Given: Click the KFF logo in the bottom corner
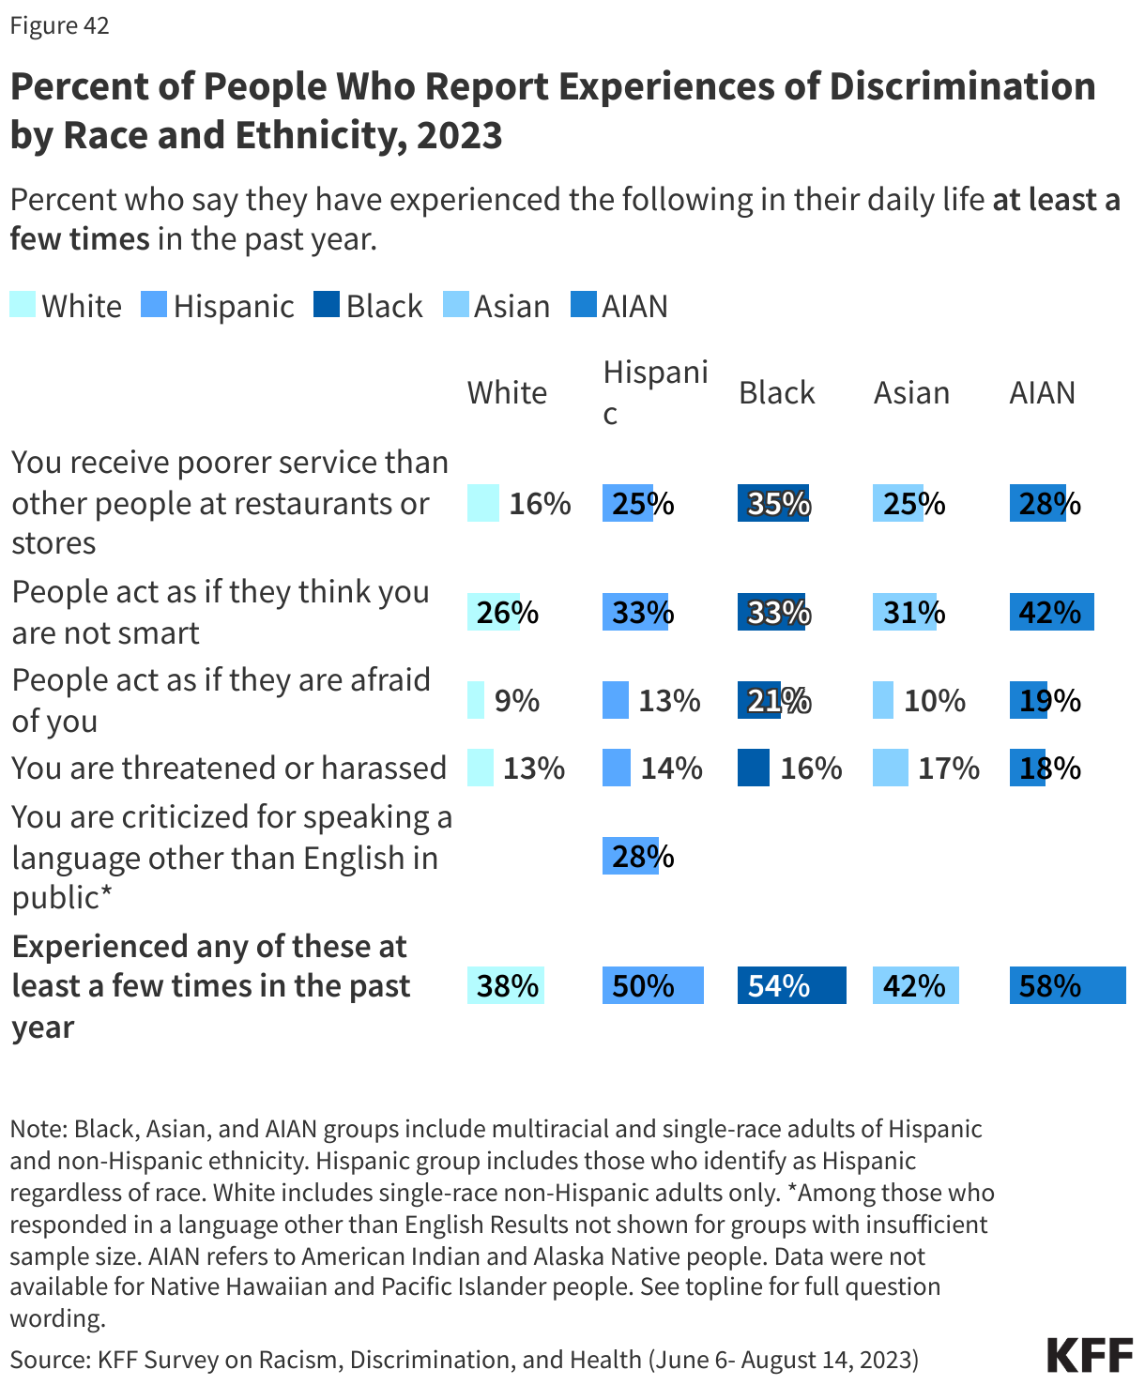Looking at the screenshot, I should click(x=1090, y=1356).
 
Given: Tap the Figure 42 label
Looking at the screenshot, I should click(x=59, y=25).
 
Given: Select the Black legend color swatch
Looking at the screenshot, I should click(x=327, y=305).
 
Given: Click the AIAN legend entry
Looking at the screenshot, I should click(x=619, y=306).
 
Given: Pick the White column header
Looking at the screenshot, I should click(x=507, y=392).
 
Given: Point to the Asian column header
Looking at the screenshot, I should click(x=911, y=392).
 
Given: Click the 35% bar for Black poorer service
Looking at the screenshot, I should click(x=773, y=504).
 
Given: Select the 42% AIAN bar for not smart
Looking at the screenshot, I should click(x=1051, y=613).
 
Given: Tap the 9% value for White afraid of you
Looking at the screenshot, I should click(x=516, y=701).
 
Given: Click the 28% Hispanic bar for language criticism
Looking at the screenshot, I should click(x=631, y=857).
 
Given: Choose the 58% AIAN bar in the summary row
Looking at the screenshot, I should click(x=1067, y=986).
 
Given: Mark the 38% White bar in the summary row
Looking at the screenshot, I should click(x=506, y=986).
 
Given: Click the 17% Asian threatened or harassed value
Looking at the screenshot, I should click(x=948, y=769).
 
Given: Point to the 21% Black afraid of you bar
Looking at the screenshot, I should click(x=759, y=701).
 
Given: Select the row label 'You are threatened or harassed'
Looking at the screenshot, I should click(x=229, y=769).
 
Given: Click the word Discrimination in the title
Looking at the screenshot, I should click(x=963, y=86).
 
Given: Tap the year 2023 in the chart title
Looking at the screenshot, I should click(x=460, y=135).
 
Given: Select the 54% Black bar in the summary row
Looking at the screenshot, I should click(x=791, y=986).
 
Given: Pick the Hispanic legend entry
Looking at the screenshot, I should click(x=218, y=306).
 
